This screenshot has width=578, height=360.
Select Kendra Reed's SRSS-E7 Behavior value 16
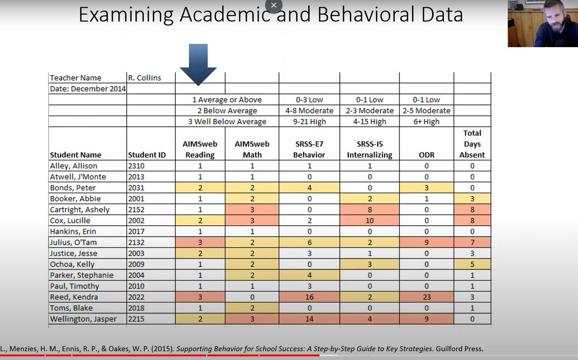(309, 297)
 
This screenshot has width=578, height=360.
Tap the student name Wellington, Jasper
(83, 319)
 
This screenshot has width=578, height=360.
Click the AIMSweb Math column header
(252, 149)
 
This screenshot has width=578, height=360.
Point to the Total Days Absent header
(472, 144)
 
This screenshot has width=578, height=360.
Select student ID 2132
(137, 243)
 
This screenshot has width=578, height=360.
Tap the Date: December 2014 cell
(87, 89)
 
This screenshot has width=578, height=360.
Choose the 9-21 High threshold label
(309, 122)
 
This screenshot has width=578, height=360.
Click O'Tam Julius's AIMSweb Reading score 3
(199, 243)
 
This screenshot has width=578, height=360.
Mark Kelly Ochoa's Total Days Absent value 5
(472, 264)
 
